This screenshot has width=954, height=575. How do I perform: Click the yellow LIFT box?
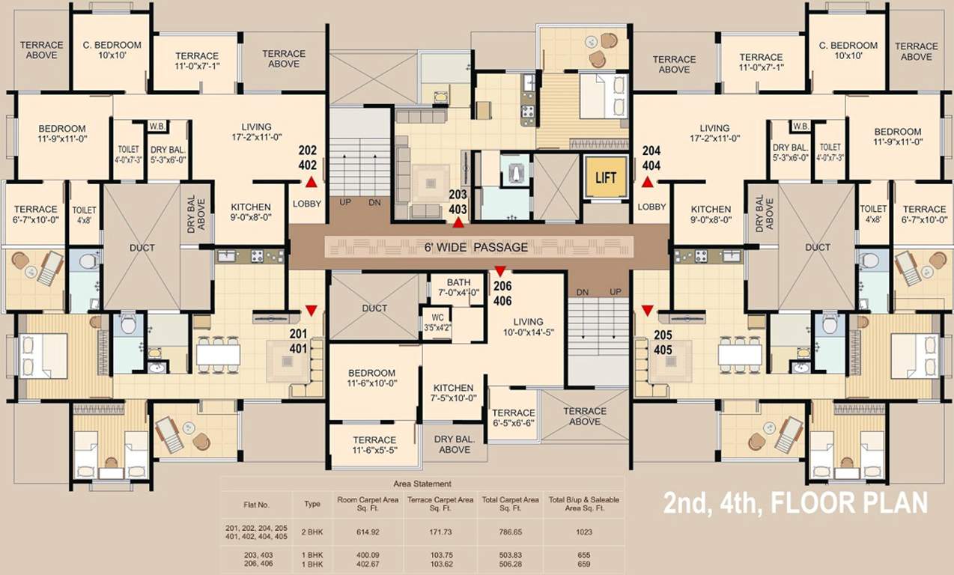606,177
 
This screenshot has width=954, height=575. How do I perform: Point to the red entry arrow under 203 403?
458,222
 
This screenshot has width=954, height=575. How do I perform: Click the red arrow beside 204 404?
648,181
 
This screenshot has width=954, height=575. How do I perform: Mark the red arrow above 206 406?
500,270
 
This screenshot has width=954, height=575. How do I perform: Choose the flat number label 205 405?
663,341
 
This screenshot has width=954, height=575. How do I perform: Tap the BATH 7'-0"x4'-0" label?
458,287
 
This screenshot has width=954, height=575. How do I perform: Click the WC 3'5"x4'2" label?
437,322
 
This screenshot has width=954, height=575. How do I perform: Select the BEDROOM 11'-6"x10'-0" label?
372,378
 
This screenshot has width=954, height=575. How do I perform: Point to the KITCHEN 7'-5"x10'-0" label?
454,392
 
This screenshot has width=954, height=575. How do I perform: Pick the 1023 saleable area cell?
584,532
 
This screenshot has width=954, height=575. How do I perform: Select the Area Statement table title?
422,484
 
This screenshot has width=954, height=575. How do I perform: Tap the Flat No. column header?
256,504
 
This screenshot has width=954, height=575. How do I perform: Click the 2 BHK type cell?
312,532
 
